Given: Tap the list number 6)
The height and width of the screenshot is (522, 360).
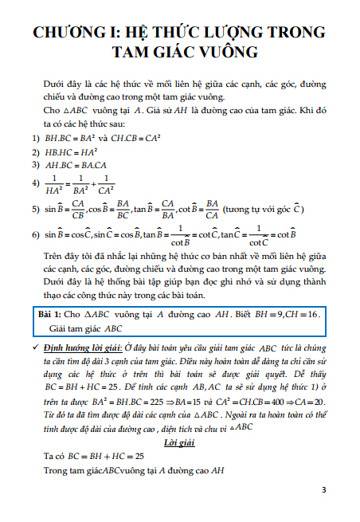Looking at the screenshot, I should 35,236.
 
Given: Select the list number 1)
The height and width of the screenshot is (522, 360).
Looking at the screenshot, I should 35,138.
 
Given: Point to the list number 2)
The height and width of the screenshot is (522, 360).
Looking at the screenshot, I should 35,151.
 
